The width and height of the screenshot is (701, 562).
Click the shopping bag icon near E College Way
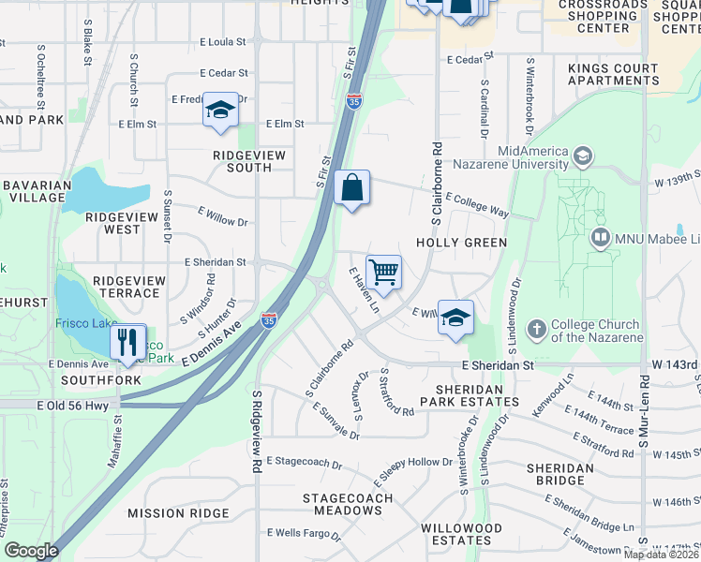click(x=351, y=188)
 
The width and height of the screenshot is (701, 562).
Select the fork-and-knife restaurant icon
click(x=128, y=342)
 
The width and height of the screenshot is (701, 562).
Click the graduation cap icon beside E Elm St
click(x=220, y=111)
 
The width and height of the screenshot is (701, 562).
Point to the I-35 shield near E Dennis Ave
click(x=269, y=320)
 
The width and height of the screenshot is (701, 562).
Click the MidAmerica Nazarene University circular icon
click(x=583, y=155)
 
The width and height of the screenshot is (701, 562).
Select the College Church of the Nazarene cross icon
click(x=536, y=329)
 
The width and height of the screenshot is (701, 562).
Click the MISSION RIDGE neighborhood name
click(x=178, y=513)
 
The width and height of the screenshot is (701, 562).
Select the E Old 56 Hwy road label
click(x=75, y=405)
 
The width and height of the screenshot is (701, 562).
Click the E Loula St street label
click(x=222, y=42)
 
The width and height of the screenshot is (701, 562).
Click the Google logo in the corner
click(x=32, y=550)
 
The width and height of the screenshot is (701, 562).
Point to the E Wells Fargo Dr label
click(x=306, y=533)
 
